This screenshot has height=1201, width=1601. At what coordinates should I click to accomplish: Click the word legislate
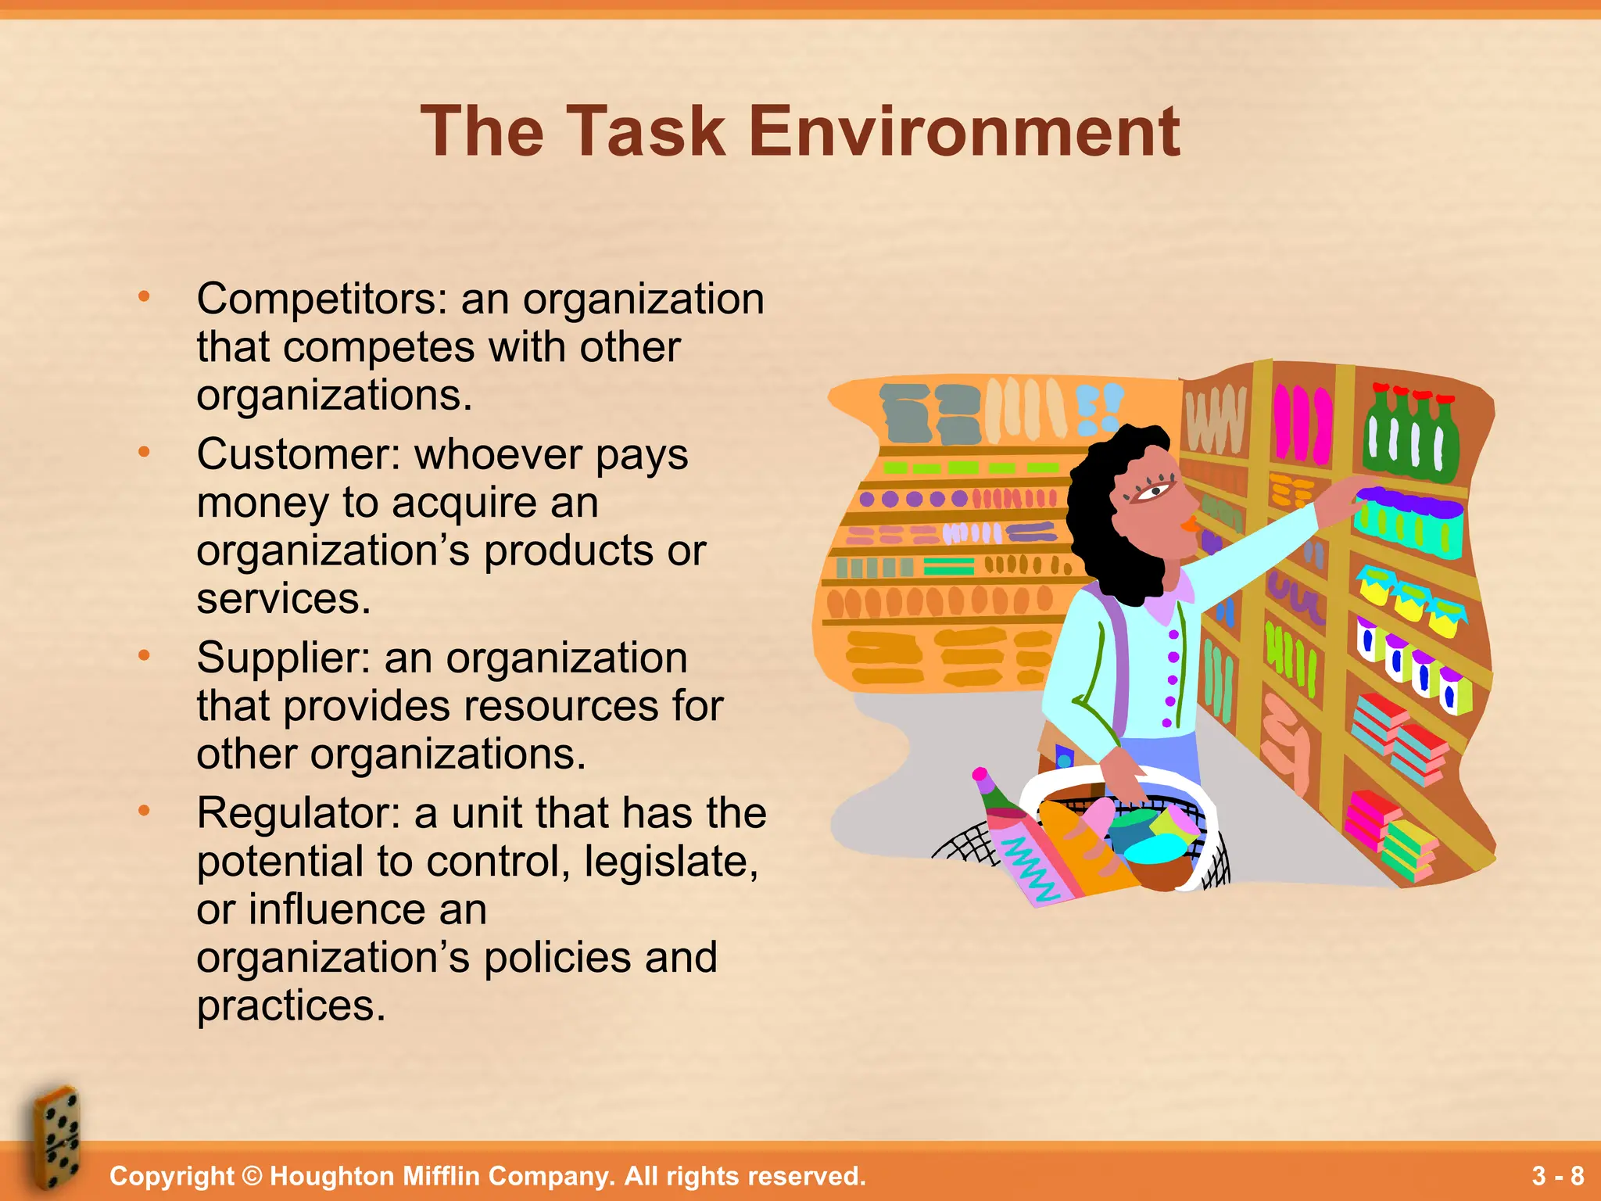(x=672, y=862)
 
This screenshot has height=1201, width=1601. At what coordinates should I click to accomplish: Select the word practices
(x=291, y=1006)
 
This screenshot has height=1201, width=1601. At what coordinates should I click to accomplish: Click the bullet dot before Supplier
(x=144, y=656)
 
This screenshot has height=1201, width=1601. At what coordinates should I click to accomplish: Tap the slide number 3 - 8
(x=1557, y=1175)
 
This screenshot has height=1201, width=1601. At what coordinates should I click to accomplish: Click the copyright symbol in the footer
(x=252, y=1176)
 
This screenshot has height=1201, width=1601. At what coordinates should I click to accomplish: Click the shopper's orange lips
(x=1191, y=523)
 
